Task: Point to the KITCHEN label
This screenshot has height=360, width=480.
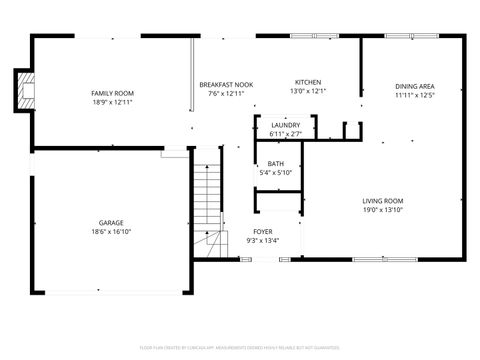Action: click(x=307, y=82)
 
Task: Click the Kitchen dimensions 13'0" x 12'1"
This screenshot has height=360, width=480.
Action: click(x=307, y=91)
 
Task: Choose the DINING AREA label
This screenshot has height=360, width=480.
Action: click(x=413, y=87)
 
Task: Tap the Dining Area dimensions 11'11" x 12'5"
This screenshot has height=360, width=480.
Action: click(x=413, y=96)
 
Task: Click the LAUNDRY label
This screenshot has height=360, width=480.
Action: click(x=285, y=125)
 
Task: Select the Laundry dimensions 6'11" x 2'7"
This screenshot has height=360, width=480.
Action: click(x=285, y=134)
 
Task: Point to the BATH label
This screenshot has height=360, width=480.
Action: click(x=275, y=164)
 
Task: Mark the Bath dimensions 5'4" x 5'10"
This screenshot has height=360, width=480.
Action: click(x=275, y=173)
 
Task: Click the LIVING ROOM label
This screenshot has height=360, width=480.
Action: click(x=382, y=202)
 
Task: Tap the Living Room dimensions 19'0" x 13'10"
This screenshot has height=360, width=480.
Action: click(x=382, y=211)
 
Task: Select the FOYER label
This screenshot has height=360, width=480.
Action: click(x=262, y=231)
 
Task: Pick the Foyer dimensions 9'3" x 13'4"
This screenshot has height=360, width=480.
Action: click(x=262, y=240)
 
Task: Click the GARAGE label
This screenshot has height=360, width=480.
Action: click(x=111, y=222)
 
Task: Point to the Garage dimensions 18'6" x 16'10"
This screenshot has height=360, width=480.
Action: click(x=111, y=231)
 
